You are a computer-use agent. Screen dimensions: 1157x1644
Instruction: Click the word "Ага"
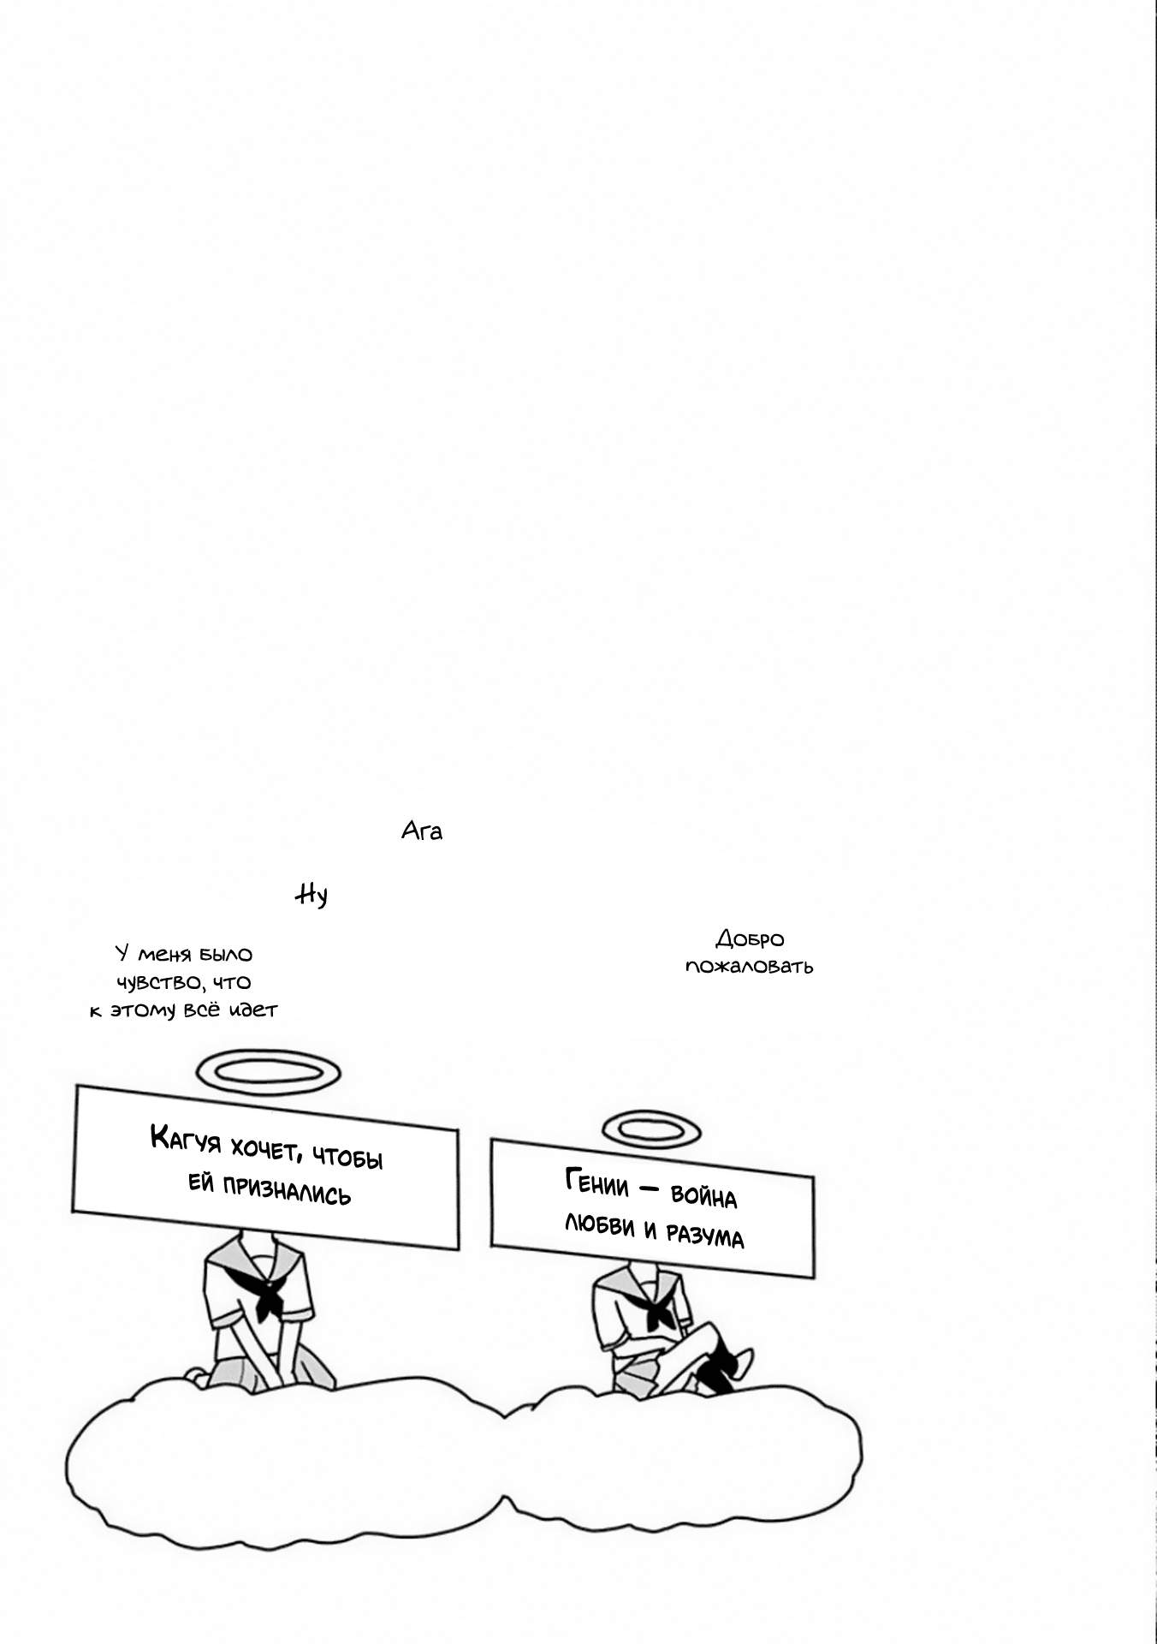pos(422,831)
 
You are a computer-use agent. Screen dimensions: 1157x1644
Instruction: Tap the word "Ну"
pos(311,895)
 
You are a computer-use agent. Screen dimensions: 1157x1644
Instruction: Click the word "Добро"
pos(750,939)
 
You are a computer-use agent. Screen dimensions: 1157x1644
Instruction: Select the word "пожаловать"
pos(750,967)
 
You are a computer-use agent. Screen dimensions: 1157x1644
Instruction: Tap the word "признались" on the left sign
pos(287,1190)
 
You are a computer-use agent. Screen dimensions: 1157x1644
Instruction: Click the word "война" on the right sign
pos(703,1195)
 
